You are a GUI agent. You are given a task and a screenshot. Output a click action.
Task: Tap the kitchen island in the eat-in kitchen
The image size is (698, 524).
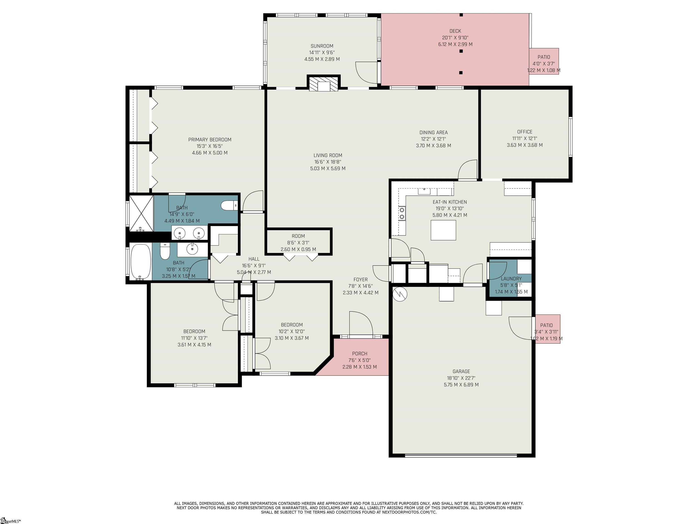[x=443, y=230]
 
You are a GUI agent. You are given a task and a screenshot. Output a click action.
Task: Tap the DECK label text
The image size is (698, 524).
[x=455, y=31]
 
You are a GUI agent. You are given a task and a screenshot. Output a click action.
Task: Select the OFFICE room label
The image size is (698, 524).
[x=524, y=132]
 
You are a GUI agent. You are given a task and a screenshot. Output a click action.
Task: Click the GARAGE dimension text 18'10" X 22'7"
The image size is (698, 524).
[x=461, y=378]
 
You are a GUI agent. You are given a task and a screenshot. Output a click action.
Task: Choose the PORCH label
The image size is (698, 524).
[x=359, y=353]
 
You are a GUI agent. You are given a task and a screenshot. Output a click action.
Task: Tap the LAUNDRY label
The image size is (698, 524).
[x=511, y=279]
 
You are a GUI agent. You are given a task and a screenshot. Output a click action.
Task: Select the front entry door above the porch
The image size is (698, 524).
[x=361, y=324]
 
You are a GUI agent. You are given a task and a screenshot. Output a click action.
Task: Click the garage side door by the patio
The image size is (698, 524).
[x=521, y=328]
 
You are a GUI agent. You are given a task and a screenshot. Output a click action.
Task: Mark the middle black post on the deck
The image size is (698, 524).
[x=461, y=51]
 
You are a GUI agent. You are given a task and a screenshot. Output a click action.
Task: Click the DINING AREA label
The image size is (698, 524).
[x=433, y=132]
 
